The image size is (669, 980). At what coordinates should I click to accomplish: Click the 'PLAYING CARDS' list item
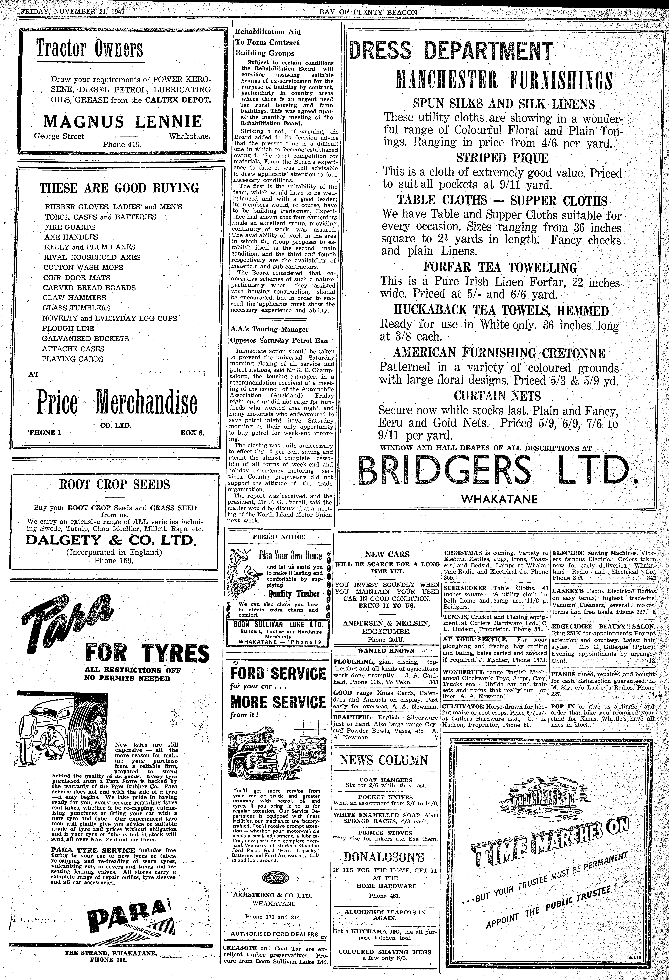(73, 359)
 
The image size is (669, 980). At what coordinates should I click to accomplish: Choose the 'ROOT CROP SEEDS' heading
(115, 485)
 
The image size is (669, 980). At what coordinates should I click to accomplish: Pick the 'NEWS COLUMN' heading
(384, 760)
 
